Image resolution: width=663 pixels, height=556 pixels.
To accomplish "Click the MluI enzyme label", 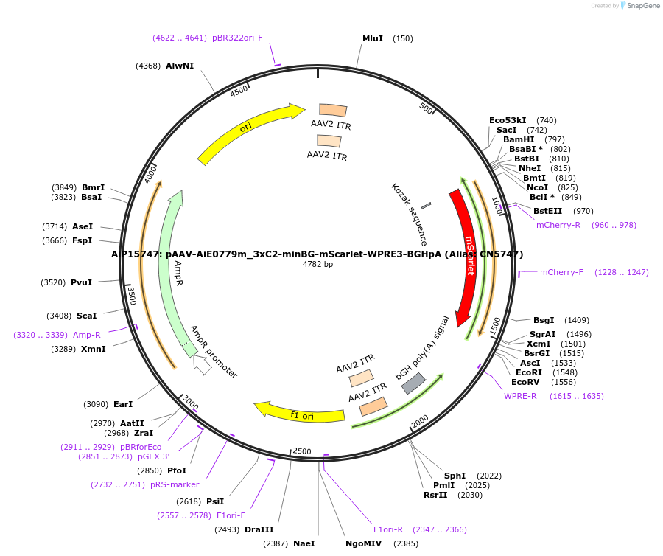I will (x=373, y=38).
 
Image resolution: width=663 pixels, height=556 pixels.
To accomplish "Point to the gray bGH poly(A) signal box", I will (x=413, y=383).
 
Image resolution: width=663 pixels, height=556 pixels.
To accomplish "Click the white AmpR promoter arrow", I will (x=202, y=364).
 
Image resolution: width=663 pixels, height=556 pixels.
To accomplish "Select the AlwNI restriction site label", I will (x=180, y=66).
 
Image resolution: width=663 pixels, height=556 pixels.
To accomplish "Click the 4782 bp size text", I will (x=318, y=264).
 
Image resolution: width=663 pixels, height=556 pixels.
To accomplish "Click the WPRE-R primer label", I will (x=520, y=396).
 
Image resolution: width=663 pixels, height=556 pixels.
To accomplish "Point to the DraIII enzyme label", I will (x=259, y=529).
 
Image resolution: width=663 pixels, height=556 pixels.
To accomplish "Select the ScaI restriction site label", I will (x=87, y=316).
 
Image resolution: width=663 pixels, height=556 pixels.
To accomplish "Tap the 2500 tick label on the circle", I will (x=302, y=451).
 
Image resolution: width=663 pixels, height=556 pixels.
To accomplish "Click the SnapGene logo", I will (x=638, y=6).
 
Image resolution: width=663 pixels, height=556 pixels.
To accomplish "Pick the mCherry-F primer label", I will (x=561, y=272).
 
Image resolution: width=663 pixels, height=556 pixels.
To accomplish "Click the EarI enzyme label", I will (x=123, y=404).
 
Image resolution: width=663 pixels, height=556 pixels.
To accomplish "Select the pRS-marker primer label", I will (x=175, y=484).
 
